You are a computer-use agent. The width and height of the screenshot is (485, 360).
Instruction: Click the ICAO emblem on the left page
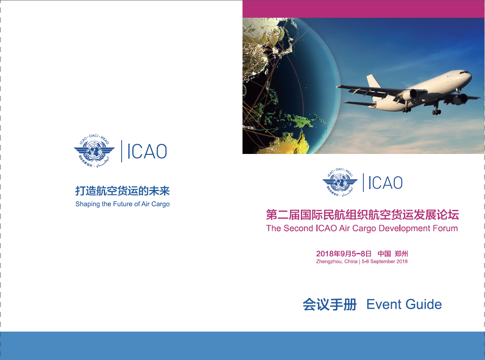(94, 151)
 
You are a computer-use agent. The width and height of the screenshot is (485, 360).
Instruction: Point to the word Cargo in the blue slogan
(160, 204)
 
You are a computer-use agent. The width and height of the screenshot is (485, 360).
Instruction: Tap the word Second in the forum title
(299, 228)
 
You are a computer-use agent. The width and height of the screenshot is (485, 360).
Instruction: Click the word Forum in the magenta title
(445, 228)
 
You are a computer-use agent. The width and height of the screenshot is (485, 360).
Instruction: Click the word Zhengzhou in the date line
(329, 262)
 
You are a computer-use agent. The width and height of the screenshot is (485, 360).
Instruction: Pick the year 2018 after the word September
(402, 261)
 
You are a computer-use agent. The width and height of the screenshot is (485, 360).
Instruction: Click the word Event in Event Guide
(384, 304)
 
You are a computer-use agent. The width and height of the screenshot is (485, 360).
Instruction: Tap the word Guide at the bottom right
(424, 304)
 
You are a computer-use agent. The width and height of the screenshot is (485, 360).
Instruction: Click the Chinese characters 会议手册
(330, 304)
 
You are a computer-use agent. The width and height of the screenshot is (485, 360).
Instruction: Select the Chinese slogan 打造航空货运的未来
(122, 191)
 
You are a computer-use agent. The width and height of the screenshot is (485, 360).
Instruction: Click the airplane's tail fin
(373, 81)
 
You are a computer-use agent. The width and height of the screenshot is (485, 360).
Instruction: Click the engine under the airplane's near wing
(411, 94)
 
